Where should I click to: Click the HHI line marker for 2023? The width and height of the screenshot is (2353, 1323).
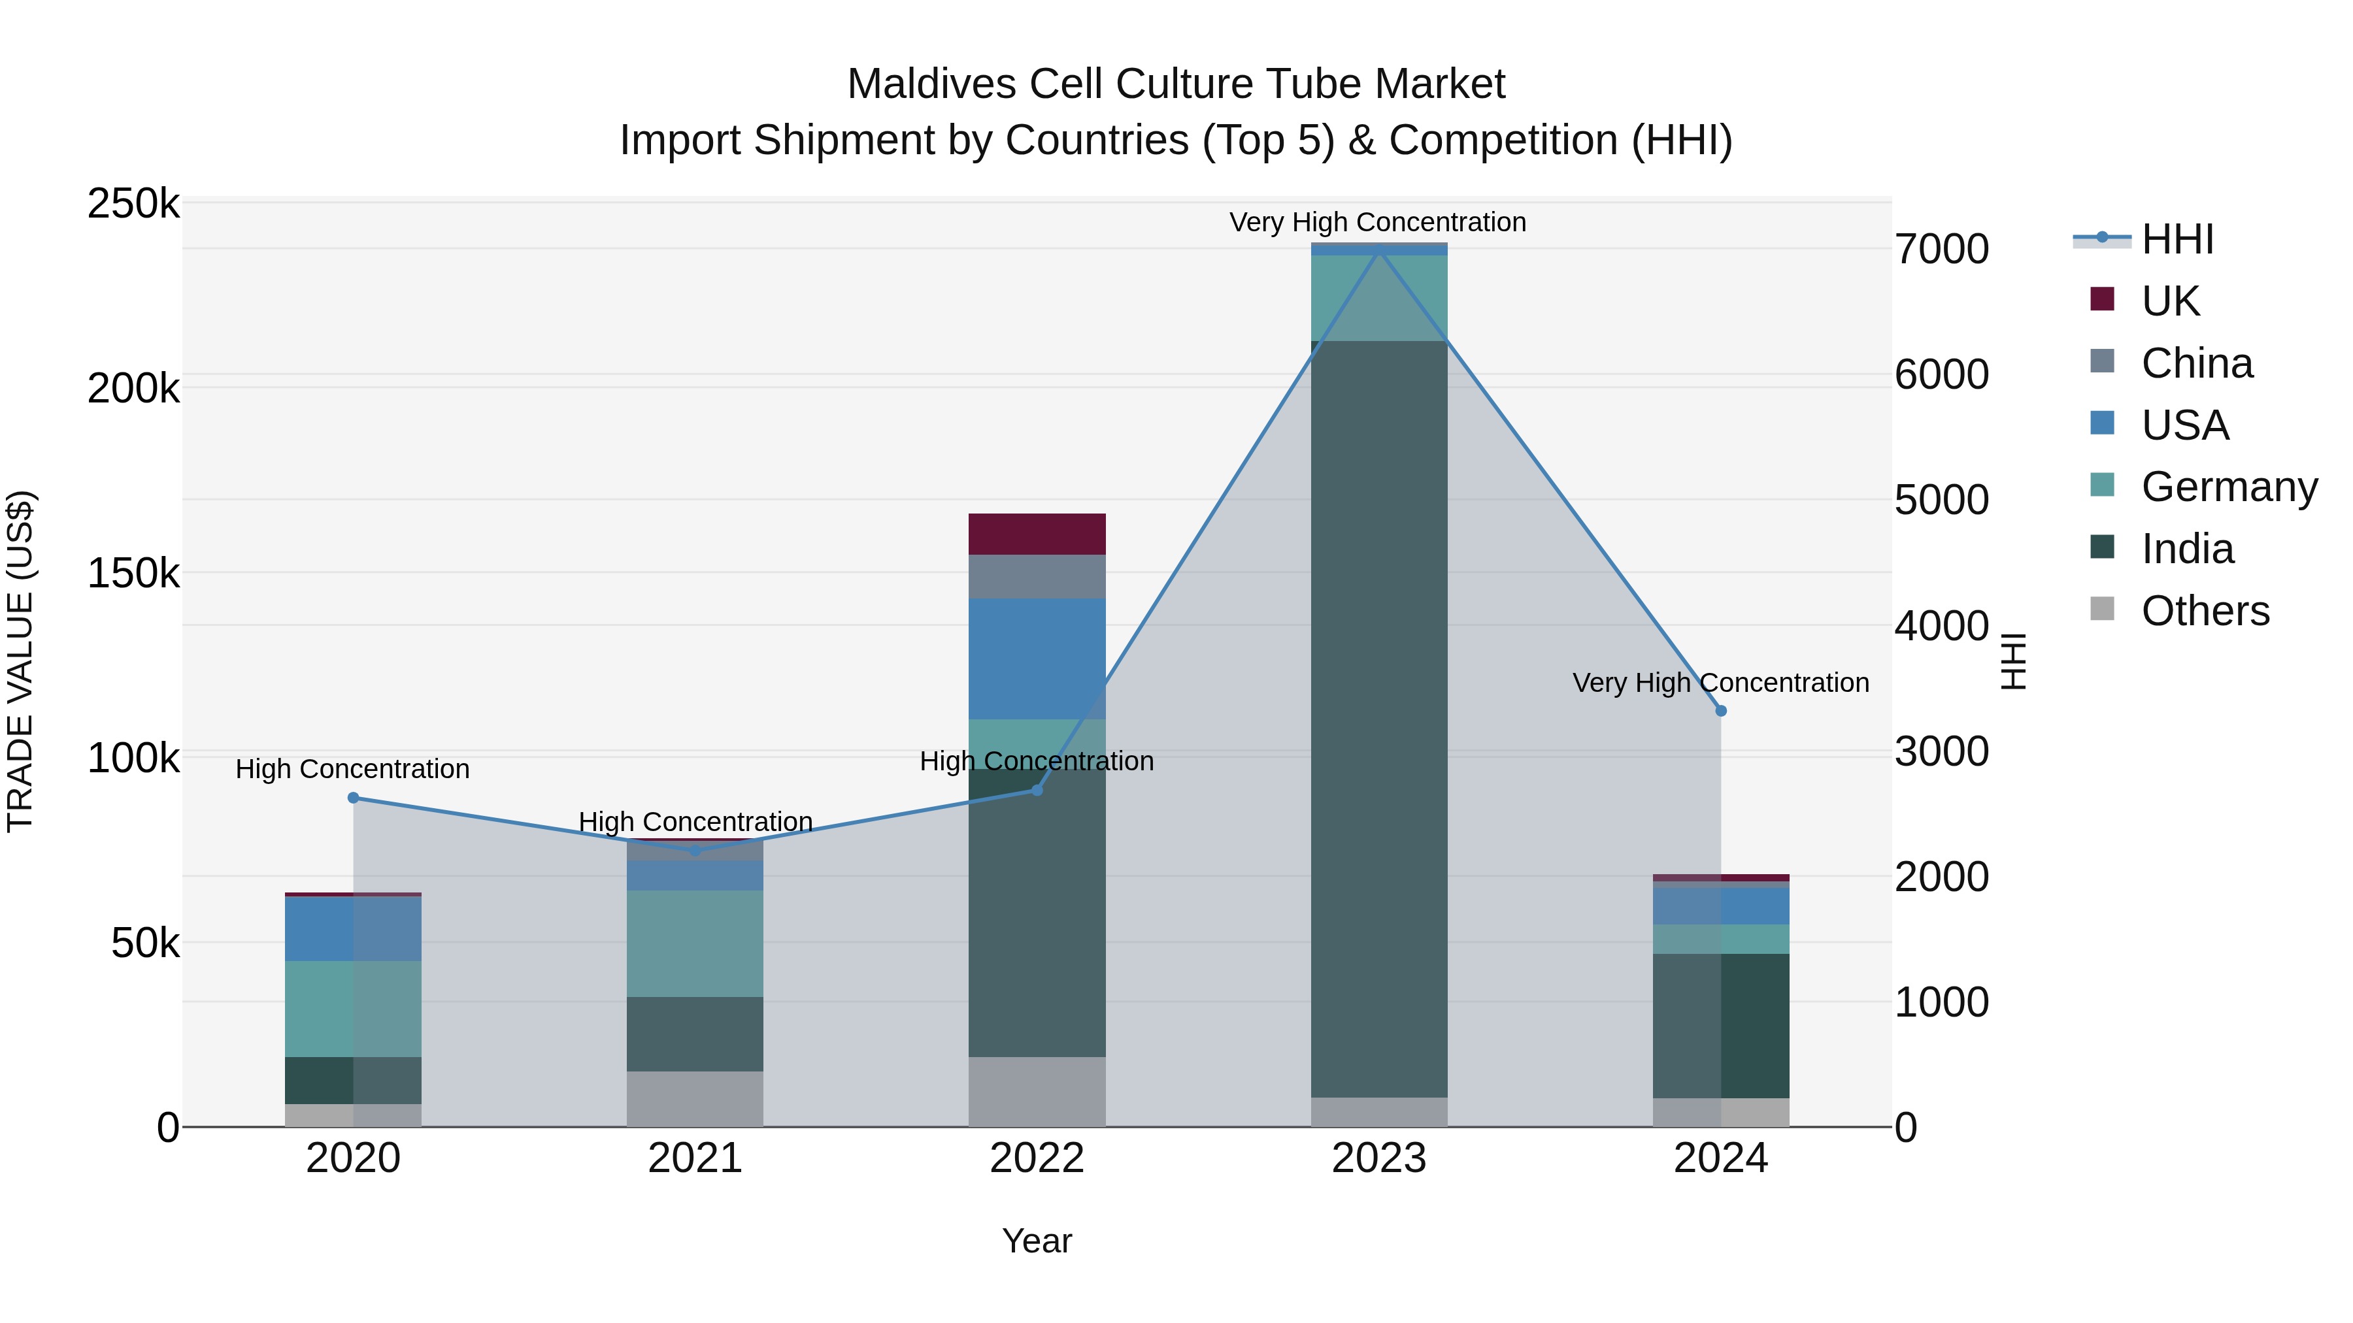[1379, 248]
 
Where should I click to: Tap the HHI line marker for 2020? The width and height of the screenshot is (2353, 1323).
[354, 798]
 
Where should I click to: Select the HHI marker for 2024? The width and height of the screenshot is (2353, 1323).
[1721, 710]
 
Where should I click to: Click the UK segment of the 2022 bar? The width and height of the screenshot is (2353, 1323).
[1037, 534]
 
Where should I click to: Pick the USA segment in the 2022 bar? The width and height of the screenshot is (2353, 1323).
[1037, 659]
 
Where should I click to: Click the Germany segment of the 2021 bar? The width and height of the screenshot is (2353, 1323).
[695, 943]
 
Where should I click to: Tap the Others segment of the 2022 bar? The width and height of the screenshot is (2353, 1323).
[1037, 1091]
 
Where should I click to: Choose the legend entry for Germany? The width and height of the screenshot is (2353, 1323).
[2202, 487]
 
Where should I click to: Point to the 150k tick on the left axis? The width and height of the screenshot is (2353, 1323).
[133, 574]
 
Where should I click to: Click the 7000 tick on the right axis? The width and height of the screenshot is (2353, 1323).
[1942, 250]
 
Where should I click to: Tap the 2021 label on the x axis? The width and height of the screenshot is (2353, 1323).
[695, 1158]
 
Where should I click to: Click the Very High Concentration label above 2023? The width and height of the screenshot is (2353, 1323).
[1377, 222]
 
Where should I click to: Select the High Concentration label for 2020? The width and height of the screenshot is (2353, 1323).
[352, 769]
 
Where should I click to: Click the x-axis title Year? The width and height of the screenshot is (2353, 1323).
[1037, 1241]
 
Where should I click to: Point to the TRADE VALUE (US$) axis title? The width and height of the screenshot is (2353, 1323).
[20, 661]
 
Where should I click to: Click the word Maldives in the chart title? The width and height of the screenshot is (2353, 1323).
[931, 84]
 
